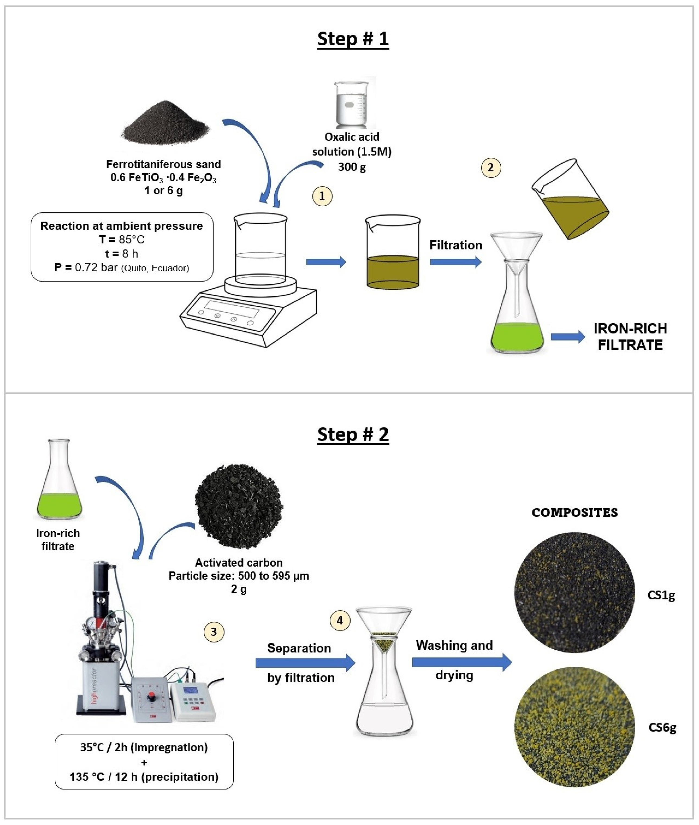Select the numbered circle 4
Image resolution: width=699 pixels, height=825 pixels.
tap(340, 620)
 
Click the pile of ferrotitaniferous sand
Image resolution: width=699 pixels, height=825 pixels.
tap(165, 124)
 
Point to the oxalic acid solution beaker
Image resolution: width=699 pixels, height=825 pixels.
tap(351, 104)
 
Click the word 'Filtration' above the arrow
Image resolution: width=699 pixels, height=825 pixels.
tap(456, 245)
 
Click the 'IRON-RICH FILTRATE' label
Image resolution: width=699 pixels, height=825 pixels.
tap(630, 337)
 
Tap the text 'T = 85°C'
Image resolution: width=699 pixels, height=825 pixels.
tap(122, 240)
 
